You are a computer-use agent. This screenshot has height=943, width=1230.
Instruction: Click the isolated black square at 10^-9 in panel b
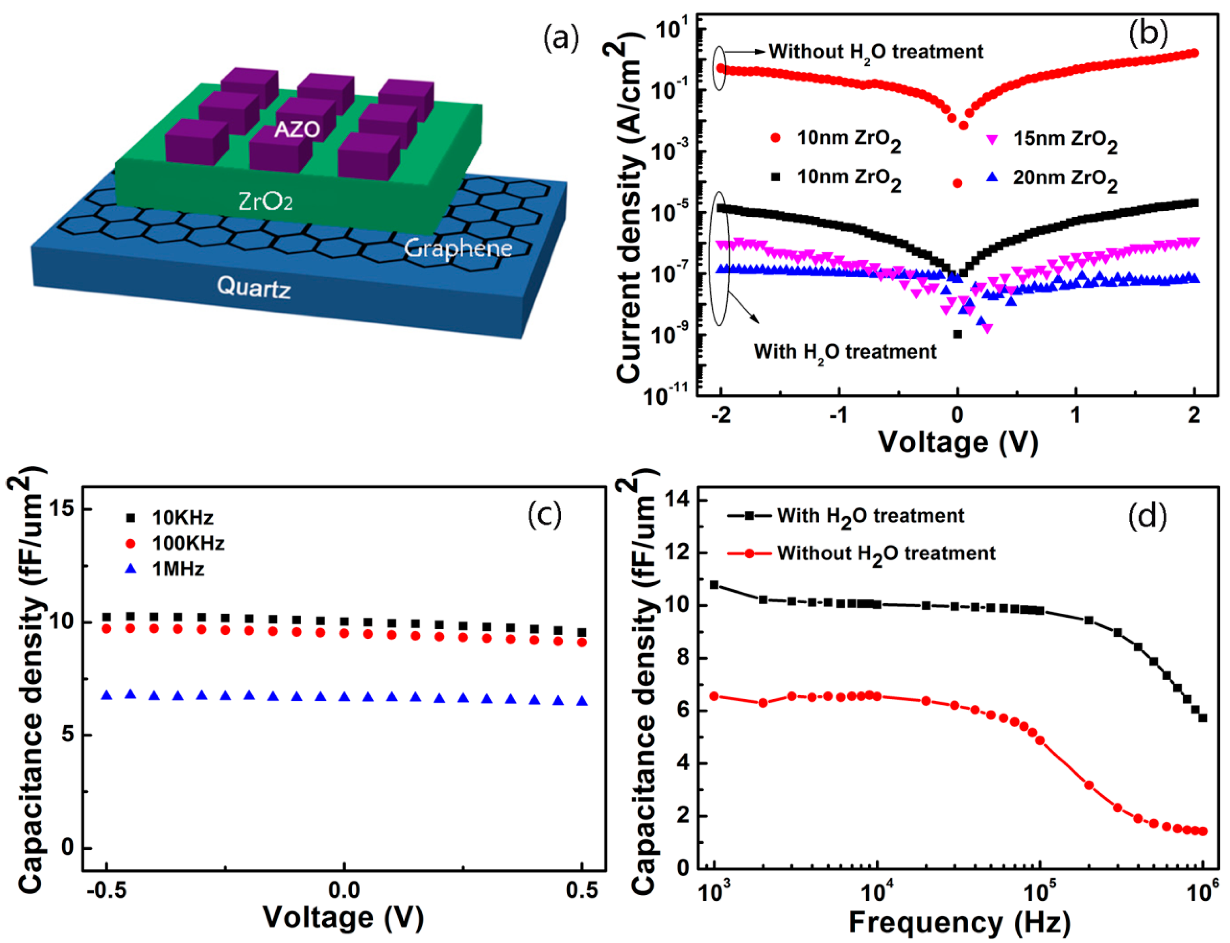coord(958,334)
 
